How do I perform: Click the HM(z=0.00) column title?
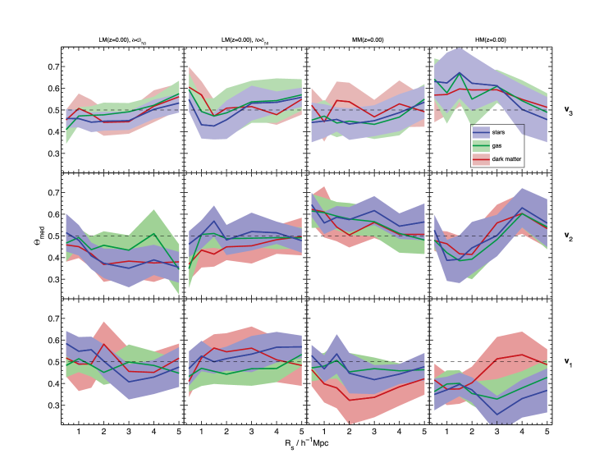[489, 39]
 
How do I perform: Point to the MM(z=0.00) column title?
[366, 39]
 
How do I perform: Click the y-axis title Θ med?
[30, 238]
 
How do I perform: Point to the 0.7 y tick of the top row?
[52, 66]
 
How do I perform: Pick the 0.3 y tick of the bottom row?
[52, 406]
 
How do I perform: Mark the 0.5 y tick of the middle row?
[52, 236]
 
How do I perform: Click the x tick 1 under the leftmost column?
[79, 432]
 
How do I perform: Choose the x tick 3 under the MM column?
[373, 432]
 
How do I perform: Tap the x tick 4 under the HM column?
[521, 432]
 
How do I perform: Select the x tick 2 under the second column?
[226, 432]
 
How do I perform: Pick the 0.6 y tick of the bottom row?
[52, 340]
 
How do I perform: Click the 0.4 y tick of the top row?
[52, 131]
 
